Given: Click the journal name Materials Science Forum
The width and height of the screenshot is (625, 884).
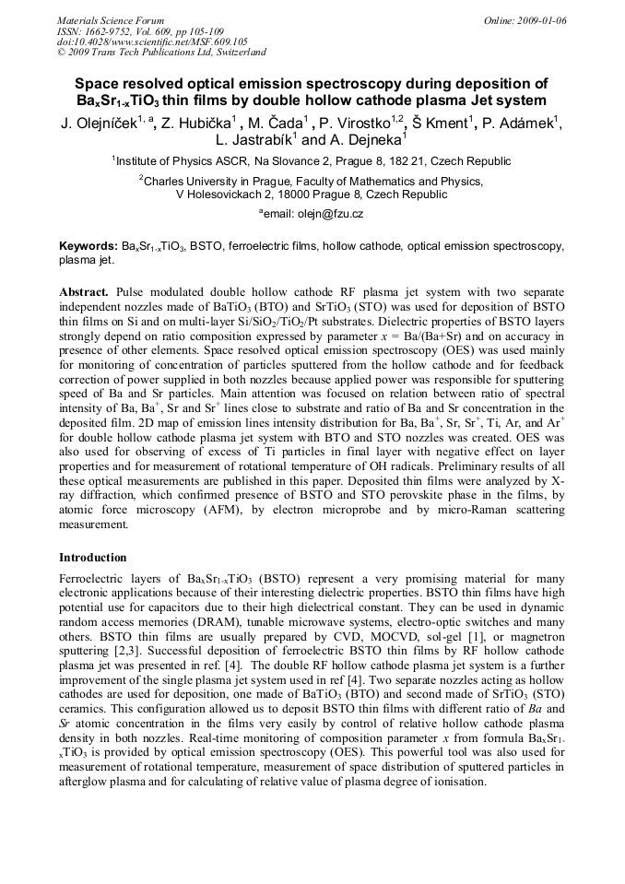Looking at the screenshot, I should click(112, 20).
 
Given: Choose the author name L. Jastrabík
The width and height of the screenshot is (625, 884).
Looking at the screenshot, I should click(254, 141).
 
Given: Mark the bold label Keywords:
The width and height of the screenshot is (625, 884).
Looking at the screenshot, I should click(88, 247).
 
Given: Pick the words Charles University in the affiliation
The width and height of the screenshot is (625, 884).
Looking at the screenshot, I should click(189, 182).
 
